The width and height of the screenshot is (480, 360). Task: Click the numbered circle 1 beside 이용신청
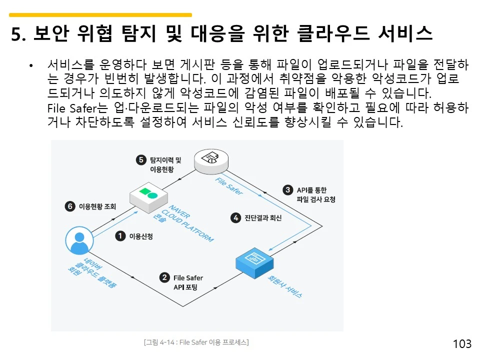point(120,236)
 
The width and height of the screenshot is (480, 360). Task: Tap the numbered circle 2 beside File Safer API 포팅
point(164,277)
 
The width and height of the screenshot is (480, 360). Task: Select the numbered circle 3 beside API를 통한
point(288,190)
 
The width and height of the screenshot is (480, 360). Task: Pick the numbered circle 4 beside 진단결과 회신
point(235,217)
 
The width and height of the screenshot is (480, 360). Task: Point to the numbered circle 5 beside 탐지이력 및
point(141,160)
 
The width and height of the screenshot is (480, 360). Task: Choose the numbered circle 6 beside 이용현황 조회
point(70,206)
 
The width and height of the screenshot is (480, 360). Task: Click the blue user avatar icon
point(79,240)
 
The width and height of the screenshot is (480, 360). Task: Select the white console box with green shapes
point(149,198)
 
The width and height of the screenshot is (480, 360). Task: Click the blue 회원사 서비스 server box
point(254,263)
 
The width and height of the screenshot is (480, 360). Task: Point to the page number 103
point(462,344)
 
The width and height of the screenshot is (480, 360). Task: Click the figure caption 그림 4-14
point(196,342)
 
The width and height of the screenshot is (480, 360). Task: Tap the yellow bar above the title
point(100,14)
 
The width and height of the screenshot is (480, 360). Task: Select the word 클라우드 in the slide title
point(333,33)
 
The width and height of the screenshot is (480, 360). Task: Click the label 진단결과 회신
point(263,217)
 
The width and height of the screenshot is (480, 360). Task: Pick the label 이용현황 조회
point(97,206)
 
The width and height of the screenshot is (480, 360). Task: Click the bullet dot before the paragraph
point(31,65)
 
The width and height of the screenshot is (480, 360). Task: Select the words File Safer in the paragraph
point(72,108)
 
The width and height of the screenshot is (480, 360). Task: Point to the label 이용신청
point(141,236)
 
